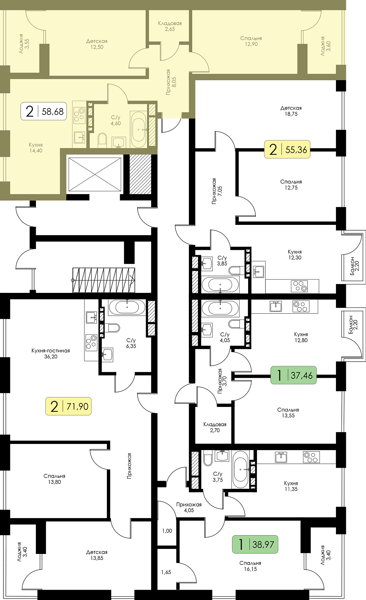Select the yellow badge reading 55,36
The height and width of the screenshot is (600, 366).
[287, 149]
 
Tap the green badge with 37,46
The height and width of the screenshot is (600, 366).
[293, 375]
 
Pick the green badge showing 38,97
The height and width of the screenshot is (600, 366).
[255, 544]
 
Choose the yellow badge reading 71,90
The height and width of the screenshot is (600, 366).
[68, 406]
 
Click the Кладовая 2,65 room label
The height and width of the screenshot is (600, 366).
[170, 26]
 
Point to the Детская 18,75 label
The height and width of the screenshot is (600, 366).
[291, 111]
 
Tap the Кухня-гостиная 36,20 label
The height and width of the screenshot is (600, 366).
[51, 353]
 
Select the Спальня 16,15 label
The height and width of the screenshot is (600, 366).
[250, 566]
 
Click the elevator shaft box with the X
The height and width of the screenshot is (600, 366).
[95, 174]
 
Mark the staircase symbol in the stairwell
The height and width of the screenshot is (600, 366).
[104, 280]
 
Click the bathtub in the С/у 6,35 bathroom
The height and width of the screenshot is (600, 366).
[127, 307]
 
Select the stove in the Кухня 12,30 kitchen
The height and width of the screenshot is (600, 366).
[299, 286]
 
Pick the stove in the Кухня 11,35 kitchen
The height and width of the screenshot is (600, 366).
[311, 457]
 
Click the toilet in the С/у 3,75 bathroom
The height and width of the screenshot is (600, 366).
[208, 459]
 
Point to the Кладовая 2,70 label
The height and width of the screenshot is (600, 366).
[215, 427]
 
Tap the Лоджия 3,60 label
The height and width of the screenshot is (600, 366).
[326, 46]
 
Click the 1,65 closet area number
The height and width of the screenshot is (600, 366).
[166, 572]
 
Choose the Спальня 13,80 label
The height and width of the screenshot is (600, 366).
[55, 479]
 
